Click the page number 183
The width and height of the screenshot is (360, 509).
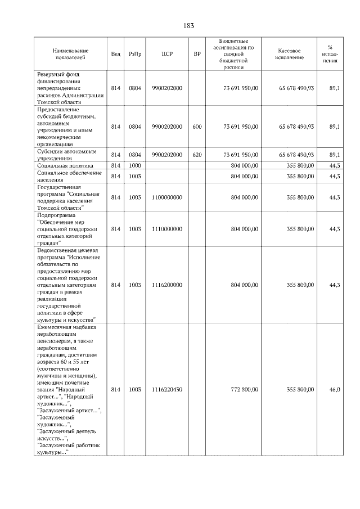coord(188,25)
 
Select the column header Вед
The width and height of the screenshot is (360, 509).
coord(116,54)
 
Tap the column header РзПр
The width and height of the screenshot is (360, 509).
coord(134,54)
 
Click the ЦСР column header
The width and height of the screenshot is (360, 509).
coord(166,54)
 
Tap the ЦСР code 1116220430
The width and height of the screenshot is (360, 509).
coord(166,389)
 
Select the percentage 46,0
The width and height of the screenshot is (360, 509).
coord(334,389)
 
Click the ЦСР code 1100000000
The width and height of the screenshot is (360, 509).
coord(166,197)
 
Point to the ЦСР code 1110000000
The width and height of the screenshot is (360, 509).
coord(166,229)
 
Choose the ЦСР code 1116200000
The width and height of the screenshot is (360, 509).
coord(166,285)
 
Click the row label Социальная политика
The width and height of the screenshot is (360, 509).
coord(65,166)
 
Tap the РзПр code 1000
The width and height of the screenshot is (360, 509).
coord(134,166)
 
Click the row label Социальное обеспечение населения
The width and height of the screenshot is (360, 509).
coord(65,177)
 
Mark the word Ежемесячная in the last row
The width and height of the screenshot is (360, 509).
coord(56,327)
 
